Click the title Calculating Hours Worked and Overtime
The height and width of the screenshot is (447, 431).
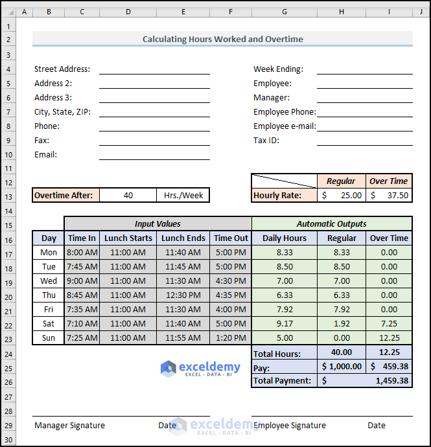tap(222, 39)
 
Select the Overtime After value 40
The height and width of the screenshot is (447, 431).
tap(128, 195)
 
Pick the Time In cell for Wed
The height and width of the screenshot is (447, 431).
tap(82, 281)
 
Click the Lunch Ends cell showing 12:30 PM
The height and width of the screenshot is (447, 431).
tap(183, 295)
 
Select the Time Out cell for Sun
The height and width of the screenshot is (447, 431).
tap(231, 338)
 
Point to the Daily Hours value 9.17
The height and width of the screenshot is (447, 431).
tap(284, 323)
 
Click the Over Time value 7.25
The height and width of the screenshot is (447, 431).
tap(389, 323)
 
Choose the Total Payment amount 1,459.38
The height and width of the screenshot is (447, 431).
tap(391, 380)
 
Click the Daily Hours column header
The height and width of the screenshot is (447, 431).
tap(284, 238)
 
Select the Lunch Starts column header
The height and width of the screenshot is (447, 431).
tap(128, 238)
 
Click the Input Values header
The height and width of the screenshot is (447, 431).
tap(157, 223)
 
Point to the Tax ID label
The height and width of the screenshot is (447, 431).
tap(266, 140)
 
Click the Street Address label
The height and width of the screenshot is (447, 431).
tap(62, 69)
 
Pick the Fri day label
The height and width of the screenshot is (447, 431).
tap(49, 309)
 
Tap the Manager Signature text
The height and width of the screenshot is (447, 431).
tap(69, 425)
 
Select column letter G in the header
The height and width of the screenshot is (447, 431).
tap(285, 11)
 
